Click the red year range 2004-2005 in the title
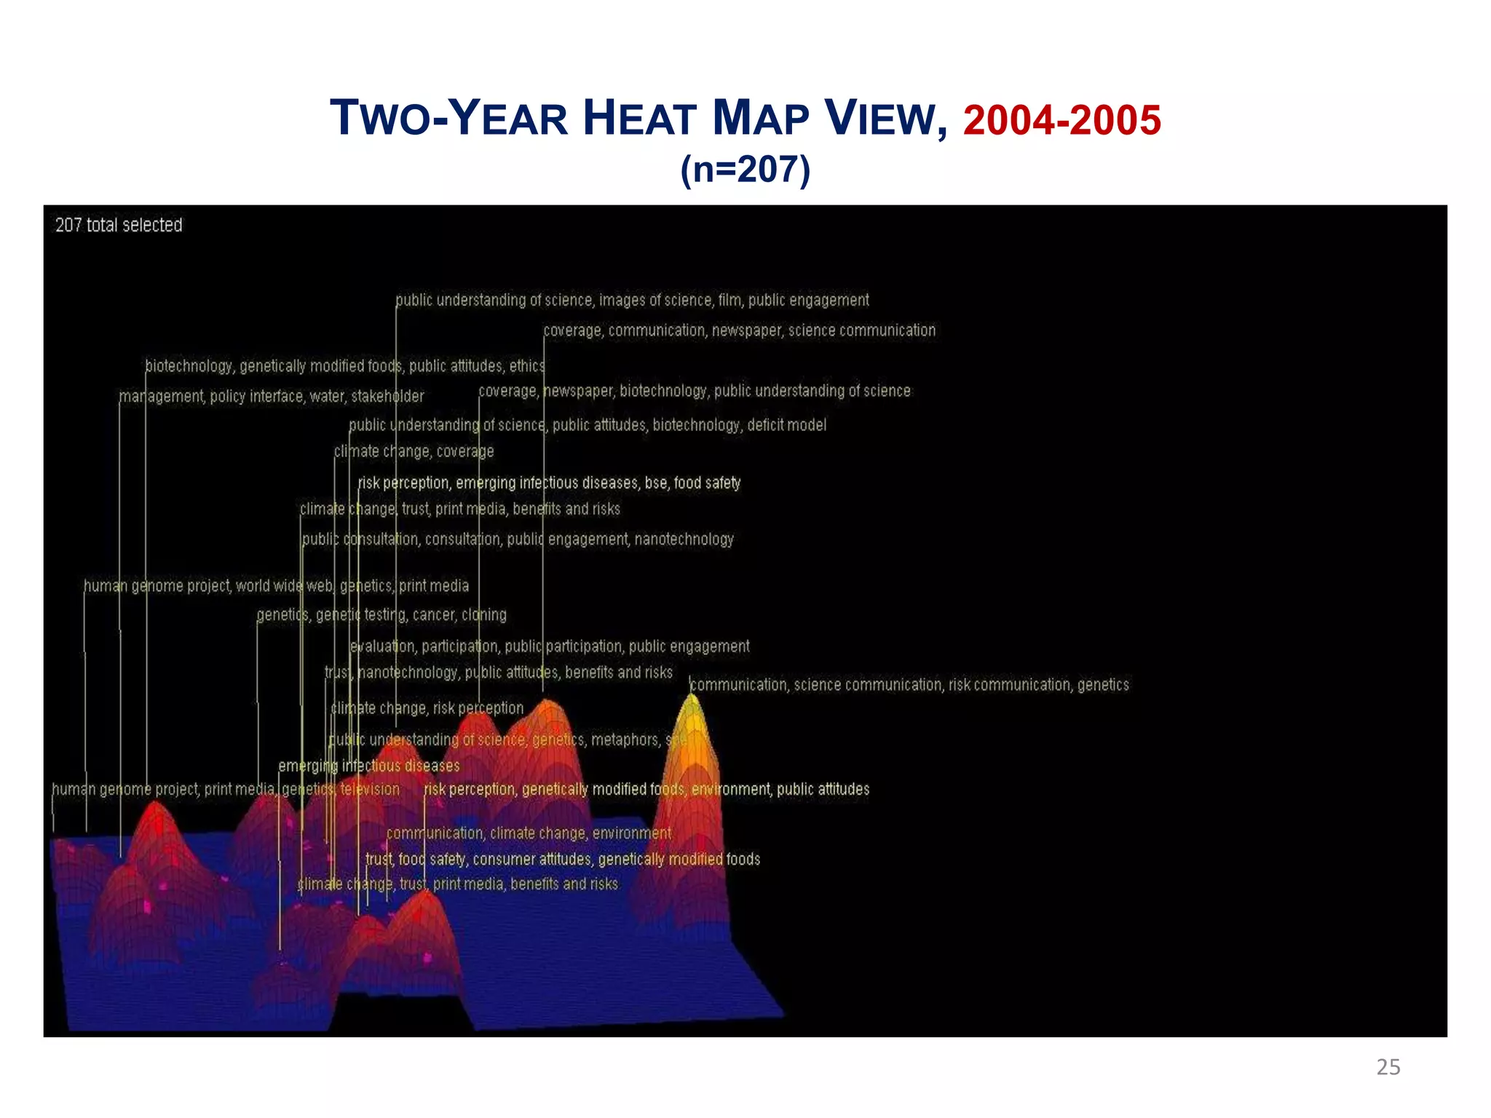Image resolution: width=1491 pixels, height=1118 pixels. (1061, 120)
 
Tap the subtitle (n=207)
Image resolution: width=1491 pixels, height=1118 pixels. (745, 170)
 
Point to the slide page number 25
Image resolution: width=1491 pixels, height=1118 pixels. (1388, 1067)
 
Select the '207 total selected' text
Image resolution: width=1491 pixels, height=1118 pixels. (119, 225)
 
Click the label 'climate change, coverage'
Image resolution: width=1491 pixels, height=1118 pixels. (414, 451)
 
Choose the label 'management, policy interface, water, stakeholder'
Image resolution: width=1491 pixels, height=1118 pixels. (272, 396)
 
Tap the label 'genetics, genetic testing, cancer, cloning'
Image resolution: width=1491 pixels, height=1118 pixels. (381, 615)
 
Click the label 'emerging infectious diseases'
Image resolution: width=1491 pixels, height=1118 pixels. (369, 766)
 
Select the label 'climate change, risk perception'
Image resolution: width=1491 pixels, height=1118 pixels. (427, 708)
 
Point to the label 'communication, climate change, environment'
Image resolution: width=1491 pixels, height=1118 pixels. (529, 833)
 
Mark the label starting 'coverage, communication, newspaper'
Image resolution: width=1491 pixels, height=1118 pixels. (740, 330)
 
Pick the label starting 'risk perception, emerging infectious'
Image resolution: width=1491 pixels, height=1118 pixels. (549, 483)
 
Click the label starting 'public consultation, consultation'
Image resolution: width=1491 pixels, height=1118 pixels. (518, 539)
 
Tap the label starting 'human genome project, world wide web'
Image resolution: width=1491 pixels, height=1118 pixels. (276, 586)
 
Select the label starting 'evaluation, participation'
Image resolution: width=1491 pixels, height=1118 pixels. (550, 646)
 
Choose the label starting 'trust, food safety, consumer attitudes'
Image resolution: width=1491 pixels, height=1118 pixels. (563, 859)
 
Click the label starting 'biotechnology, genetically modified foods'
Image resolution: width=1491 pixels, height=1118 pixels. (344, 365)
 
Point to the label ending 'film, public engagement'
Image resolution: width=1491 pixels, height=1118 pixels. (632, 300)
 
